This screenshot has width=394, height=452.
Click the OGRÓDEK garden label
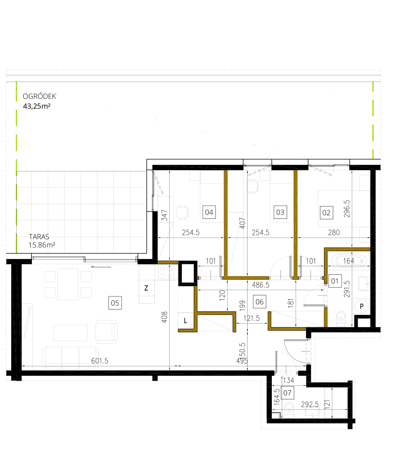(39, 96)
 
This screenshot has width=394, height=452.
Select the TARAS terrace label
(39, 236)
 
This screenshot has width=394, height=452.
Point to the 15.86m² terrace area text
(41, 245)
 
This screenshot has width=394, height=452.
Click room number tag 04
(209, 212)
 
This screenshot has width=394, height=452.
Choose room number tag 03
(280, 212)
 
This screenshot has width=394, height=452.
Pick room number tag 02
(327, 212)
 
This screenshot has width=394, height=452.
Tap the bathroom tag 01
(335, 281)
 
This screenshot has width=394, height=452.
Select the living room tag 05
(115, 303)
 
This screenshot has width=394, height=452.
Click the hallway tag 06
(259, 302)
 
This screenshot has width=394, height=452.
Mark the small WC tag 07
(287, 393)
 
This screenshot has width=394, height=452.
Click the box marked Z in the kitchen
(146, 289)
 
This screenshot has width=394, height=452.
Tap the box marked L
(186, 320)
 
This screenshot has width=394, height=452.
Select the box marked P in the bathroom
(362, 306)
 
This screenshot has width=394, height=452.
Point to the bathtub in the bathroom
(349, 261)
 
